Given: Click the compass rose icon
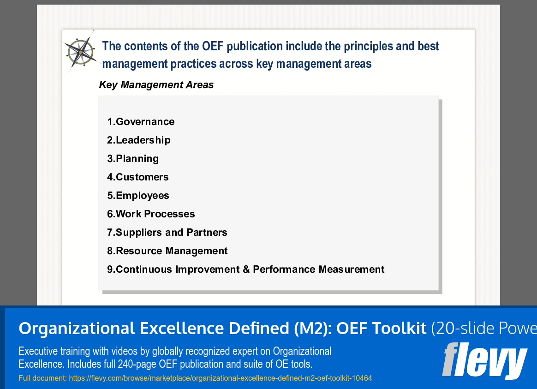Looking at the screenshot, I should coord(81,52).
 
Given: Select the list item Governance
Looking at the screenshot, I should coord(141,122).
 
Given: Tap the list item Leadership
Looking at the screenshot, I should coord(139,140).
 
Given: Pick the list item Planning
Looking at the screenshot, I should coord(133,159).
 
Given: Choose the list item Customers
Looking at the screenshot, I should coord(138,177).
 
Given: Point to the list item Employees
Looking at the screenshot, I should coord(138,196).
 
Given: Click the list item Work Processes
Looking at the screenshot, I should coord(151,214).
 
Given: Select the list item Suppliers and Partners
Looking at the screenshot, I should coord(167,233).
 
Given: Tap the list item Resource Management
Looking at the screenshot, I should coord(167,251).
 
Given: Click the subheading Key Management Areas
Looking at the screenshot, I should coord(156,85).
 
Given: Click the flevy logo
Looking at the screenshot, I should coord(484,360).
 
